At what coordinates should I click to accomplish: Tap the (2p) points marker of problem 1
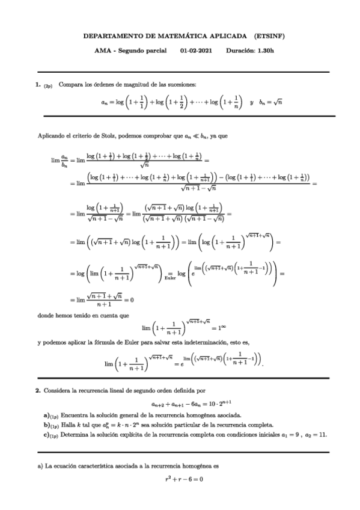[x=47, y=85]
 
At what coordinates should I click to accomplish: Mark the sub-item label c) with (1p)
[x=50, y=434]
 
